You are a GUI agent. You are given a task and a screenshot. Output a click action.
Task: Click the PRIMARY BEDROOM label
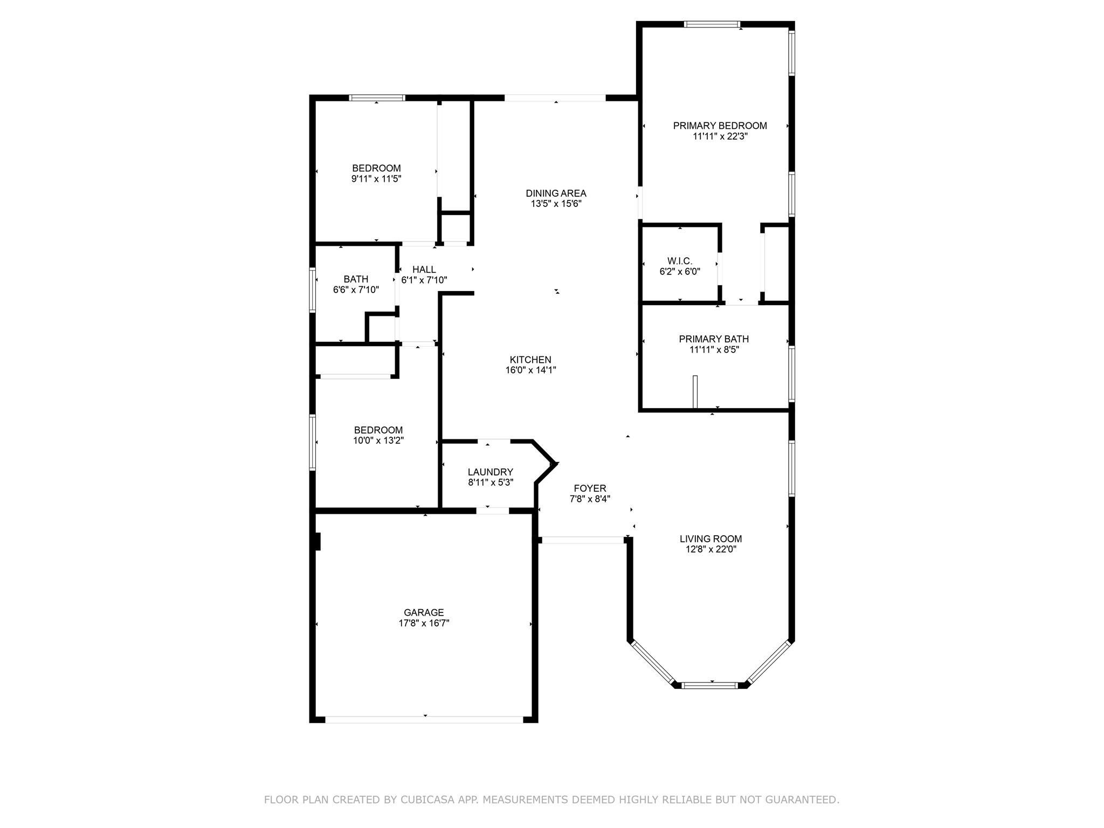(x=720, y=126)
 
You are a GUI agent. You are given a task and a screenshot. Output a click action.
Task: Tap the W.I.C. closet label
(x=679, y=261)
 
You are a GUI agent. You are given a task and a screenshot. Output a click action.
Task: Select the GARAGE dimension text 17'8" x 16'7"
(x=424, y=623)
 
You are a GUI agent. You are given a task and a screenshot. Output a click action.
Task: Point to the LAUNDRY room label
(x=491, y=472)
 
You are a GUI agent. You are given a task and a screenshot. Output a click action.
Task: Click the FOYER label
(x=590, y=488)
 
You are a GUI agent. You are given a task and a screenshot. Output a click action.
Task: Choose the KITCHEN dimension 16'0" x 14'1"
(x=530, y=370)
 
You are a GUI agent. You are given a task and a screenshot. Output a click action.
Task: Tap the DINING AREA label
(x=556, y=194)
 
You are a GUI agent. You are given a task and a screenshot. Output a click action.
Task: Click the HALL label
(x=424, y=270)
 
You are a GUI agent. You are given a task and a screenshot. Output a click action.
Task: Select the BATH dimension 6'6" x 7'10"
(x=356, y=289)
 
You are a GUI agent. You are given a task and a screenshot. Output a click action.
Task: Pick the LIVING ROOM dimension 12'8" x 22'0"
(x=710, y=549)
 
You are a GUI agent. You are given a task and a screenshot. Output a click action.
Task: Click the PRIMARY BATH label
(x=714, y=339)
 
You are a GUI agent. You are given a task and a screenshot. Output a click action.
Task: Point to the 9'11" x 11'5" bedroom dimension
(x=376, y=178)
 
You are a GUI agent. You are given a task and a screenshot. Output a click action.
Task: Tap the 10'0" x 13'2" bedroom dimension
(x=378, y=440)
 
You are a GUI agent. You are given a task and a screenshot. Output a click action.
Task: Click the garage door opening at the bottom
(x=424, y=719)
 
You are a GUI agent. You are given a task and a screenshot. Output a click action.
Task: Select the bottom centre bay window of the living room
(x=709, y=685)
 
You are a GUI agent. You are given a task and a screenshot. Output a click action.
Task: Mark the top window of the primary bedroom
(x=712, y=24)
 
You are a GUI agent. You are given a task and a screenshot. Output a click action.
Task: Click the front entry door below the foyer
(x=583, y=540)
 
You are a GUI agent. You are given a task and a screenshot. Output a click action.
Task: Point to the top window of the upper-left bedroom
(x=377, y=98)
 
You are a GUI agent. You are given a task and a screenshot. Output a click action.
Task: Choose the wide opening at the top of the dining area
(x=555, y=98)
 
